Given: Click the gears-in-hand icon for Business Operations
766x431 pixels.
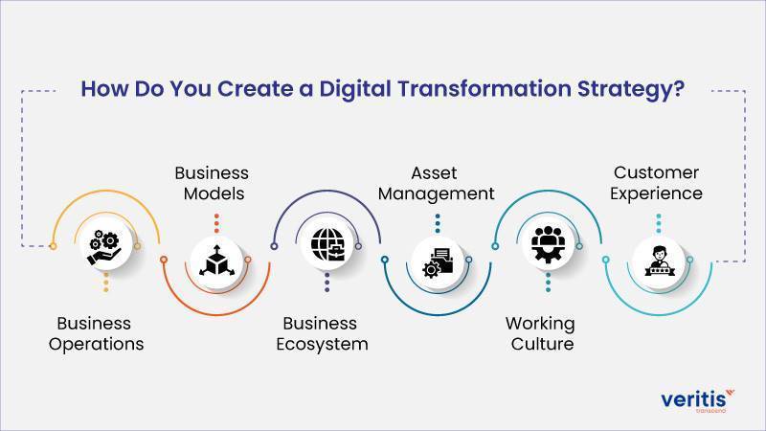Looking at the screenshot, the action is (x=104, y=247).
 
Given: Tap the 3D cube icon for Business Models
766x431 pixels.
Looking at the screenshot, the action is (x=216, y=261).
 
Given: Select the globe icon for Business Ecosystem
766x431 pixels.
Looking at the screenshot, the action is (x=327, y=245).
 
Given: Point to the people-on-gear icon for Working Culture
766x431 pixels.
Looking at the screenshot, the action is (x=548, y=244).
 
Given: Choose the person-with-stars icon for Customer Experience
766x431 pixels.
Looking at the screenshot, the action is (x=659, y=261).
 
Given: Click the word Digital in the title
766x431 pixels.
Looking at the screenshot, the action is (x=355, y=89).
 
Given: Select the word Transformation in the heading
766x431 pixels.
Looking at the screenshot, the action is (x=484, y=88).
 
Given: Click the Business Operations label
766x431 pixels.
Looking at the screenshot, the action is (x=96, y=333).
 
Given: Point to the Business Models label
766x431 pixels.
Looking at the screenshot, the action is (x=212, y=183).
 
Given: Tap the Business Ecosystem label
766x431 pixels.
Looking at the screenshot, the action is (x=322, y=333).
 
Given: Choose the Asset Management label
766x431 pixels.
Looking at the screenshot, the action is (x=436, y=183).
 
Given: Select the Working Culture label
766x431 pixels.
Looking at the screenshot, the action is (x=540, y=333).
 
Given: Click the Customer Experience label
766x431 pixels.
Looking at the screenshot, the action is (x=656, y=183).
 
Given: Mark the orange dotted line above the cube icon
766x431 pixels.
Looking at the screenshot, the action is (x=216, y=223).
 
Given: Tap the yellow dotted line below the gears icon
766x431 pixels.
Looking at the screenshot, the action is (x=106, y=283).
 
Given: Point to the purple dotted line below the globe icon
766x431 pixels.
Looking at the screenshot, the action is (x=327, y=283).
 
